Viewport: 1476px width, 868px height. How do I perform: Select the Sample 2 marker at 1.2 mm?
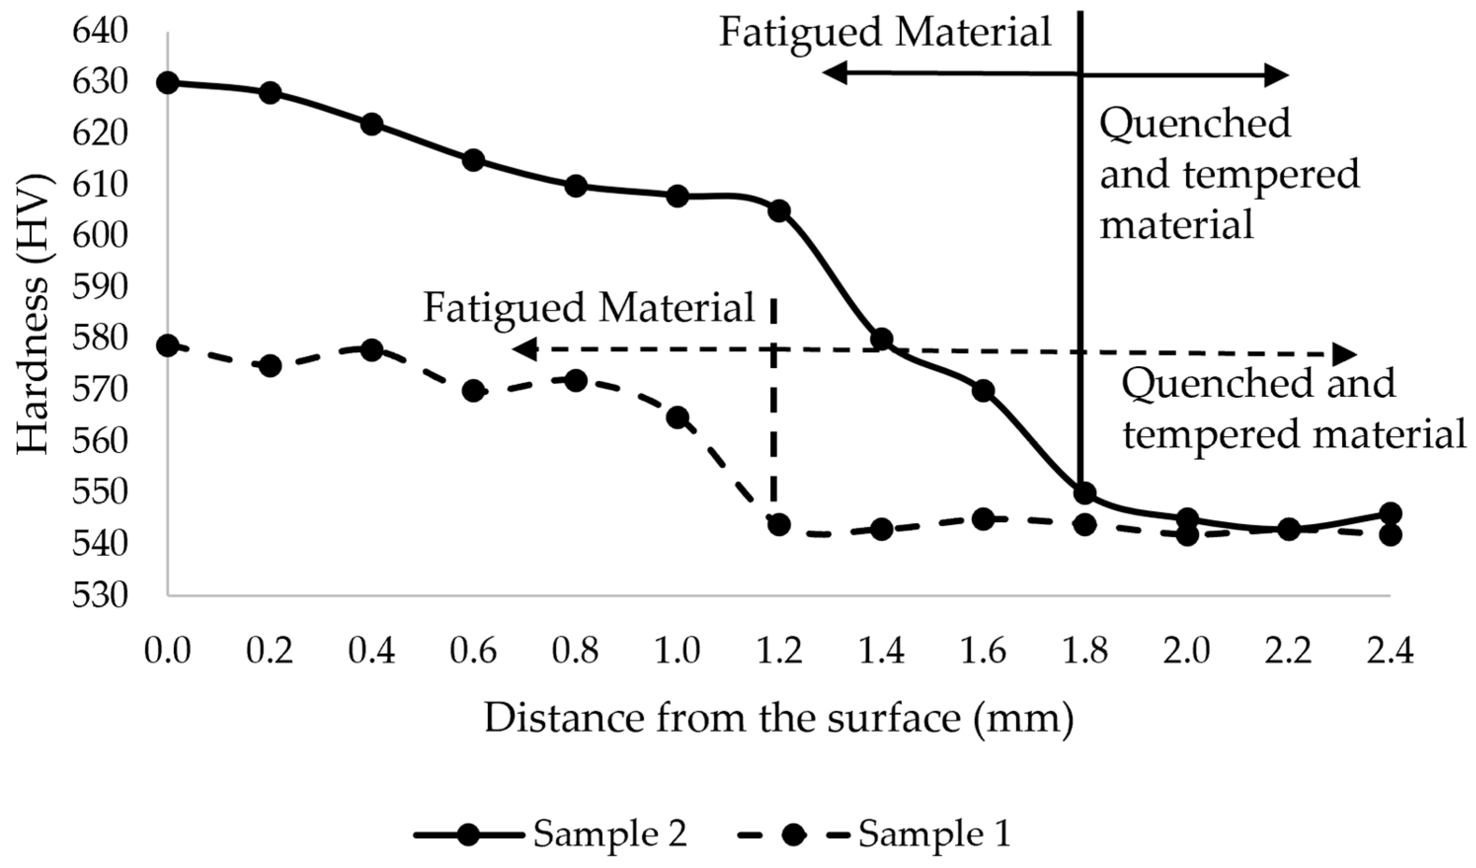click(x=779, y=211)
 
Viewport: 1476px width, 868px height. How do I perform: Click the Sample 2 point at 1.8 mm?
click(x=1085, y=493)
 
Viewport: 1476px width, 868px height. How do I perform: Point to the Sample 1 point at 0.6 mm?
click(x=474, y=391)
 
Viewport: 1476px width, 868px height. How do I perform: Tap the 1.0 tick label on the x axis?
click(x=677, y=651)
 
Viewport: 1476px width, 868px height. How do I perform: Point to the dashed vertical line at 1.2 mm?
click(x=774, y=410)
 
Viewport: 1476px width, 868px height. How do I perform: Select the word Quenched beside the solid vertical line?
click(x=1195, y=123)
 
